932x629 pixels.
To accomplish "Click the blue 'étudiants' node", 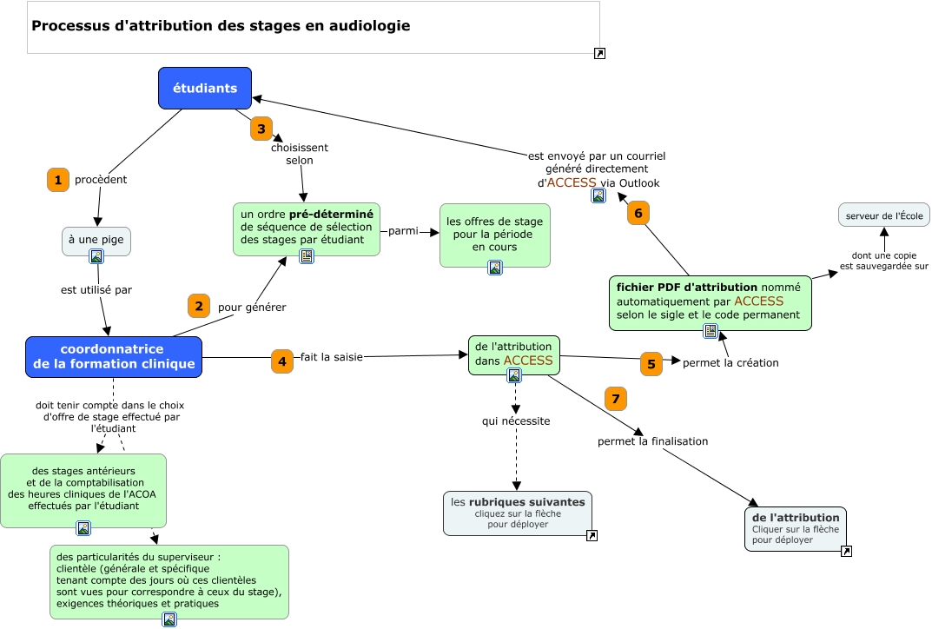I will (205, 88).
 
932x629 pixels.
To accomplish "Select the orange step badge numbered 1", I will (57, 180).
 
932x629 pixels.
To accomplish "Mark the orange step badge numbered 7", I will (615, 399).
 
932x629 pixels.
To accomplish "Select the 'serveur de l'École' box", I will (883, 215).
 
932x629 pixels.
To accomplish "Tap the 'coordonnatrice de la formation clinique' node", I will (114, 356).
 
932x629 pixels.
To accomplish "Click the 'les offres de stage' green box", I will (494, 234).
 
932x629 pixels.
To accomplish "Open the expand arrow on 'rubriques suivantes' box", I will (592, 536).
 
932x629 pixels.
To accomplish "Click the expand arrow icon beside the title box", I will (599, 54).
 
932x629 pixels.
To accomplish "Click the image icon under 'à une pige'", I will (96, 256).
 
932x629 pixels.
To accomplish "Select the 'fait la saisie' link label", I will (331, 356).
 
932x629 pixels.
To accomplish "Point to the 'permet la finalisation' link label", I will (652, 441).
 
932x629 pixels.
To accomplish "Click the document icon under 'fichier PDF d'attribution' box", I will (710, 330).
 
